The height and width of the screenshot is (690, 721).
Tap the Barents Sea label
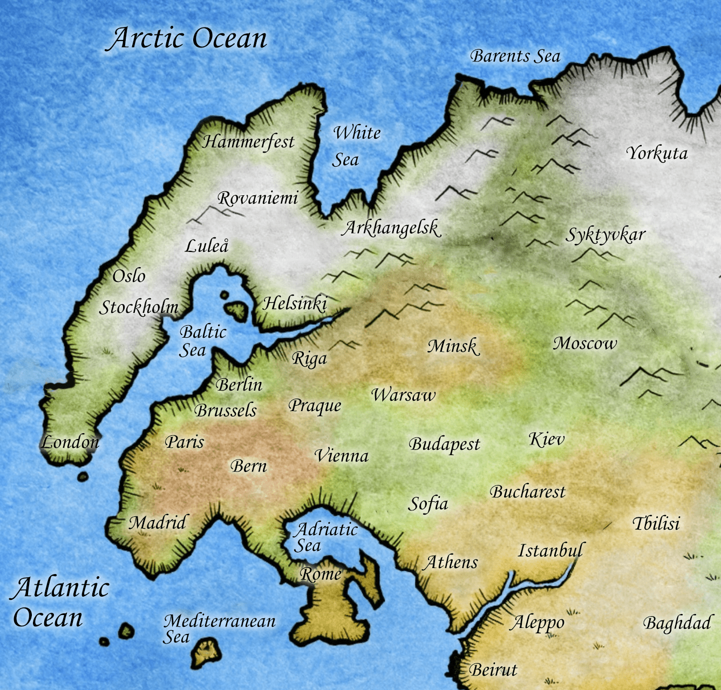pos(515,56)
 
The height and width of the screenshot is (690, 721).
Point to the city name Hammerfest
pos(248,142)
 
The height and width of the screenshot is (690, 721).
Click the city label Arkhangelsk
pos(392,228)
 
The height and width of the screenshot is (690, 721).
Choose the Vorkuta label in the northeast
pos(657,154)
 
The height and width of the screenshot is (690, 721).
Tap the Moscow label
pos(584,343)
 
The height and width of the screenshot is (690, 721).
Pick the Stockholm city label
pos(139,308)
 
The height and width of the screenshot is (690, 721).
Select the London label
pos(70,442)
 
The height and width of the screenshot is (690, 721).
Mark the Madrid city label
pos(158,522)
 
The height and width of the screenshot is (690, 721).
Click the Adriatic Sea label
pos(324,537)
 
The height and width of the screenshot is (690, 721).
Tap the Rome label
pos(321,575)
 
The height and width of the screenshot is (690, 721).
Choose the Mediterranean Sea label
pos(219,628)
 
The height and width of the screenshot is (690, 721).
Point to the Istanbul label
pos(550,550)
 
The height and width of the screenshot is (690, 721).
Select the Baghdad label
pos(677,623)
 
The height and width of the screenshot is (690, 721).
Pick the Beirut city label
pos(493,670)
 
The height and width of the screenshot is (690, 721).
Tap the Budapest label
pos(444,445)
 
